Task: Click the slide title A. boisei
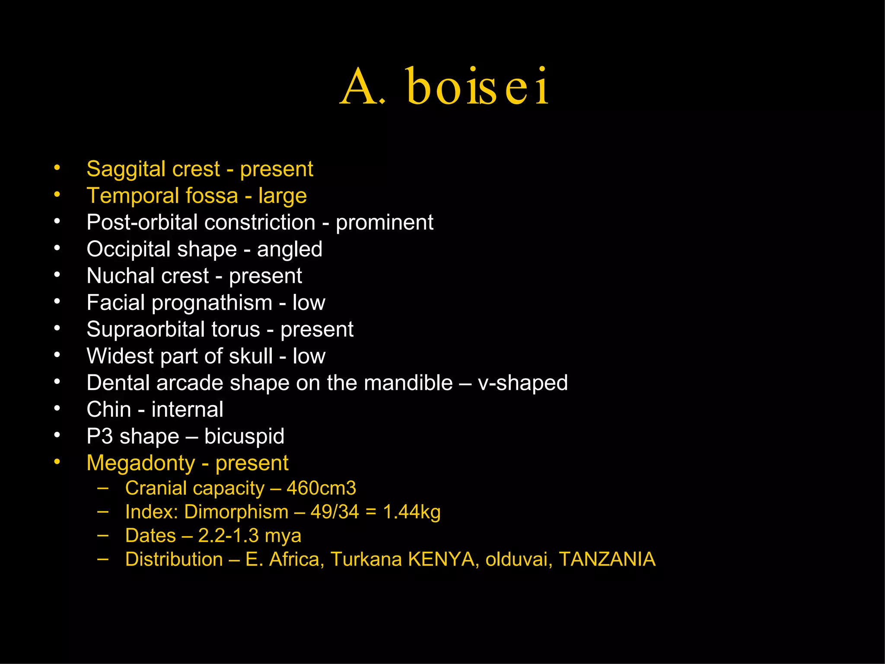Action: [444, 86]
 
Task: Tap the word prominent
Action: [384, 223]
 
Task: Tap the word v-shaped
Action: [522, 383]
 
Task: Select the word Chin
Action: [108, 409]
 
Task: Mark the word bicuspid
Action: [244, 436]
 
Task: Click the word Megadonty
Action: [141, 463]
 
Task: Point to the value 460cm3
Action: [321, 488]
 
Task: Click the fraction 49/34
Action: [334, 512]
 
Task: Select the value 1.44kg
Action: [411, 512]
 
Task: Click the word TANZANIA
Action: [607, 559]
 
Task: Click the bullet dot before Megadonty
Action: [57, 462]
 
